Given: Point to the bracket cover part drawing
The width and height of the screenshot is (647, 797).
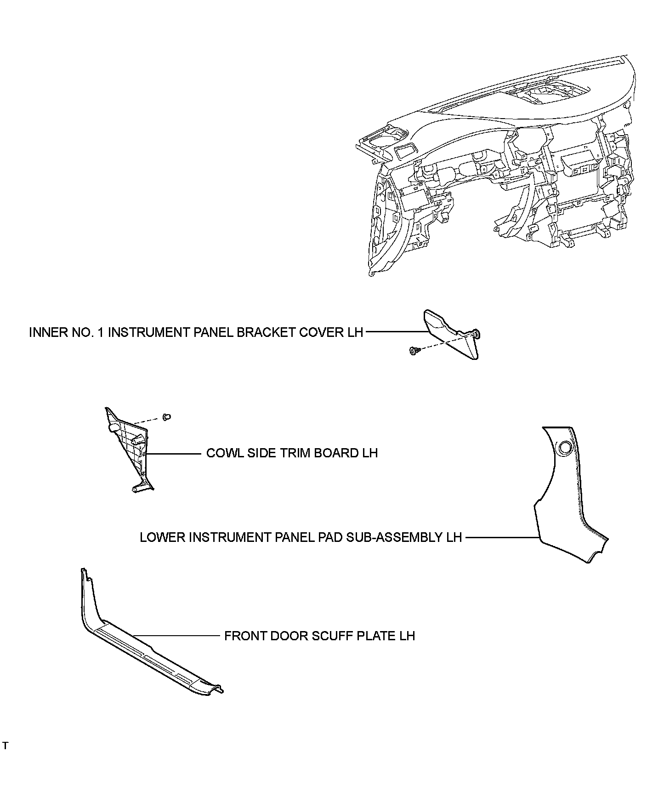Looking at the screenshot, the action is pyautogui.click(x=453, y=333).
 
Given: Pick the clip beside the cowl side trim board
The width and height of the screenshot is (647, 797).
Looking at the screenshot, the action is pyautogui.click(x=167, y=417).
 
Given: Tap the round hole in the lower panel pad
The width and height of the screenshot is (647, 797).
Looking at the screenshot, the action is pyautogui.click(x=565, y=448).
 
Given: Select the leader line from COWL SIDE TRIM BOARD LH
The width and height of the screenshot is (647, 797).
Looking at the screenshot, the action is pyautogui.click(x=175, y=454).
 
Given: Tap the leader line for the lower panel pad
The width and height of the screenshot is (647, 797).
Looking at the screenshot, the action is pyautogui.click(x=501, y=537).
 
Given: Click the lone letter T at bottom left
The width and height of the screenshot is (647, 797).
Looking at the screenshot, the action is pyautogui.click(x=5, y=746).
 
